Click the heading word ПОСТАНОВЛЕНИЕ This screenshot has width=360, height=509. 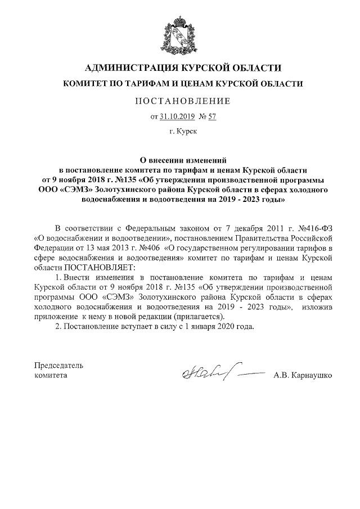(182, 101)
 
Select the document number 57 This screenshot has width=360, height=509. (212, 117)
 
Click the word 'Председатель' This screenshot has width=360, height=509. (59, 365)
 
